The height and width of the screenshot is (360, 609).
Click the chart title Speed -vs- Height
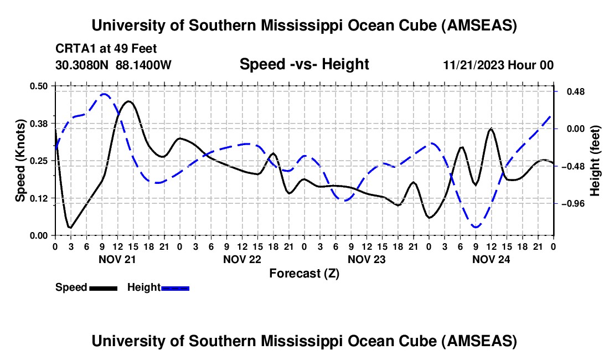click(304, 64)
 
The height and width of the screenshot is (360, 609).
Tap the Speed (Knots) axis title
click(20, 161)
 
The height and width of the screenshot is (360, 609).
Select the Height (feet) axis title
click(595, 160)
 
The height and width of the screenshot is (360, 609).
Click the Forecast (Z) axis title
click(304, 273)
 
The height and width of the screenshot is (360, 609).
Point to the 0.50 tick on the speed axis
click(39, 85)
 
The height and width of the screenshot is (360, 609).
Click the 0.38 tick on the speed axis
click(39, 123)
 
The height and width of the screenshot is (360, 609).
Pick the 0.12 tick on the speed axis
click(39, 198)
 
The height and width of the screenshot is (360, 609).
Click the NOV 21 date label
click(117, 259)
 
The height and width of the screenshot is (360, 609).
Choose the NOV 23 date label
click(367, 259)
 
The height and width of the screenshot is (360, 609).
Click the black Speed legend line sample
click(103, 287)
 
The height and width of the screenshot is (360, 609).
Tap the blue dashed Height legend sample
click(176, 287)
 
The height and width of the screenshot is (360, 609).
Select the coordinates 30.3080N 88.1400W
click(113, 65)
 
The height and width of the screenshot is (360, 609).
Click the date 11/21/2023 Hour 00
click(498, 65)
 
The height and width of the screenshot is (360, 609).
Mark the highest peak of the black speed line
click(128, 101)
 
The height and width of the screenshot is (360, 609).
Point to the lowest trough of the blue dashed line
click(476, 227)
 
